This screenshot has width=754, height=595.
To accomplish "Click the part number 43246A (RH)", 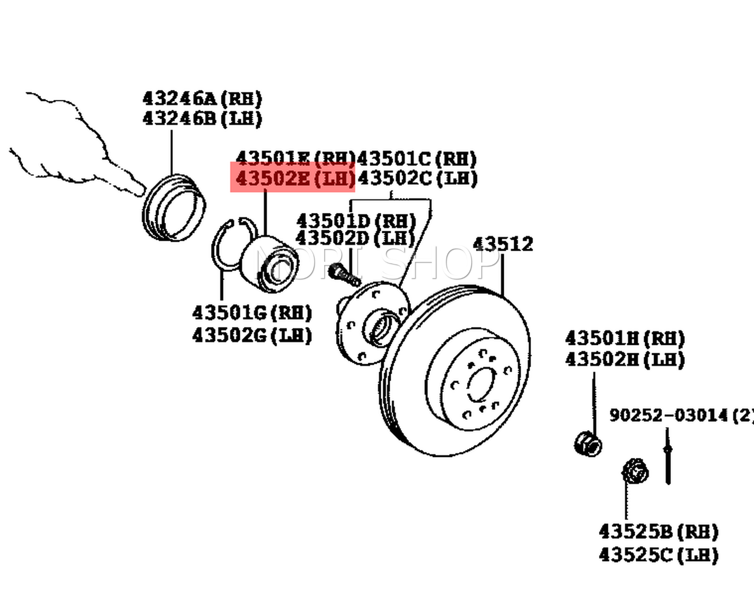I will [x=202, y=99].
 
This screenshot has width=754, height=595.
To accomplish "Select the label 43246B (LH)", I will [x=202, y=118].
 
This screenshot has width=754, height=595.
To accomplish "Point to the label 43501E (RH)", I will [x=294, y=158].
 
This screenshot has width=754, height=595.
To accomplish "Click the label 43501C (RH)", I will [x=417, y=159].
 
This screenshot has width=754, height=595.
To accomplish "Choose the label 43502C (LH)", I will [x=417, y=179].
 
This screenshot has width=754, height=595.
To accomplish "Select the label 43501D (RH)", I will [x=356, y=220].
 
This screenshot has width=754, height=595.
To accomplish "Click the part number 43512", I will [x=502, y=244].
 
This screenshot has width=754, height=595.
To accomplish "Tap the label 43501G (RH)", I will [x=252, y=312].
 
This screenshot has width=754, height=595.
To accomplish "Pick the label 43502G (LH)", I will [x=252, y=335].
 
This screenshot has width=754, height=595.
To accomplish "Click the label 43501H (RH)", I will [x=624, y=338].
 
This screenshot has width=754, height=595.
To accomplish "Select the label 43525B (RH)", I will [x=658, y=532].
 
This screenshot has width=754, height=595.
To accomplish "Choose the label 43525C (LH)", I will [x=658, y=555].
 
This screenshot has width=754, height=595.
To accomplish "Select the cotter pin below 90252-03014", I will [x=667, y=459].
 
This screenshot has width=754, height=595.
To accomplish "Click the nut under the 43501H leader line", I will [x=588, y=443].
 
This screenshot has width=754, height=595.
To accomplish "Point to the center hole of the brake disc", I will [x=482, y=384].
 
